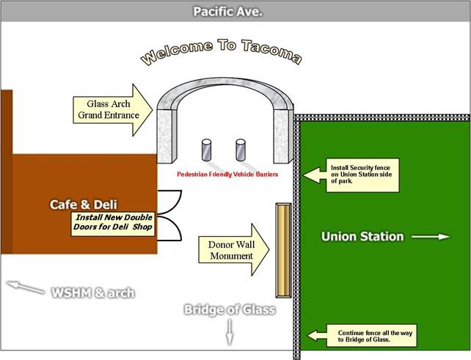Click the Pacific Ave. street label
(227, 12)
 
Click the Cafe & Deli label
(83, 203)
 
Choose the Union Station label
(362, 236)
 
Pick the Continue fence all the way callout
(357, 336)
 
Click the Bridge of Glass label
(229, 309)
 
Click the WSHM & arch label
(92, 293)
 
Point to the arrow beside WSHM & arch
(23, 287)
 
